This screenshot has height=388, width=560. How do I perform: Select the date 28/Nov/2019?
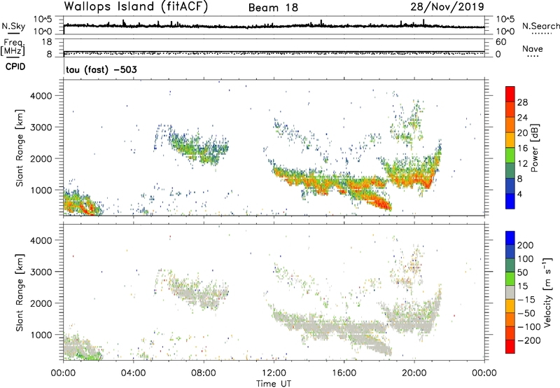(450, 7)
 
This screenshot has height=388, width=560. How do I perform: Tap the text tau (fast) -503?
(96, 70)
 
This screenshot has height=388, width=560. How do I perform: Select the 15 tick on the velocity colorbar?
(524, 287)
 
